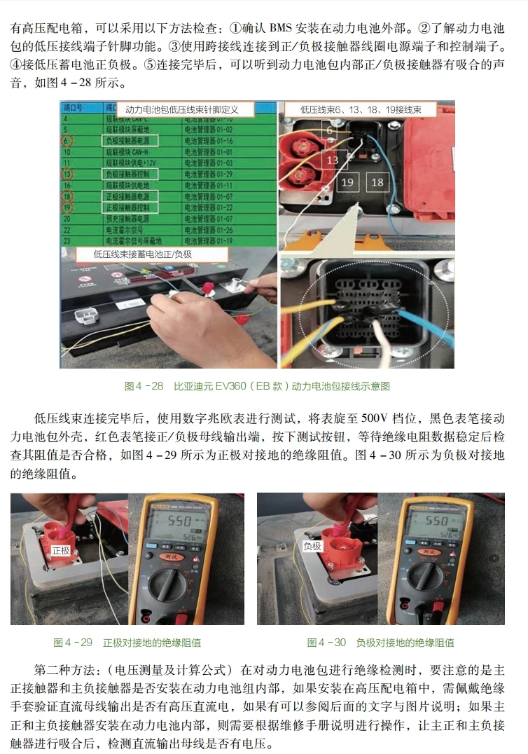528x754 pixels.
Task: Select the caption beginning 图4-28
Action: click(x=257, y=386)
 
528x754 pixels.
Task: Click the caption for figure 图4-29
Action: click(x=127, y=642)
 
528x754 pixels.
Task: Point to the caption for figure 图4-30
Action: click(x=380, y=642)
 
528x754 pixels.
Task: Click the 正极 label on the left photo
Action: click(x=61, y=550)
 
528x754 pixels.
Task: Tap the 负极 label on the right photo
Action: click(x=312, y=546)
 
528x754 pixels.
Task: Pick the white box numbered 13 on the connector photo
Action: click(x=332, y=160)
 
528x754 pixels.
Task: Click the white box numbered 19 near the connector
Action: click(x=348, y=182)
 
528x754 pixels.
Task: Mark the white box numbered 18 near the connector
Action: click(x=377, y=182)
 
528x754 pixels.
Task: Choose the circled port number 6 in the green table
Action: click(x=67, y=141)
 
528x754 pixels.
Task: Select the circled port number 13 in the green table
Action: click(x=67, y=173)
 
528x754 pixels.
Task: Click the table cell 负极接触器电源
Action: click(x=126, y=141)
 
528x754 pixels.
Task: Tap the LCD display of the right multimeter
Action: click(x=427, y=523)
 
